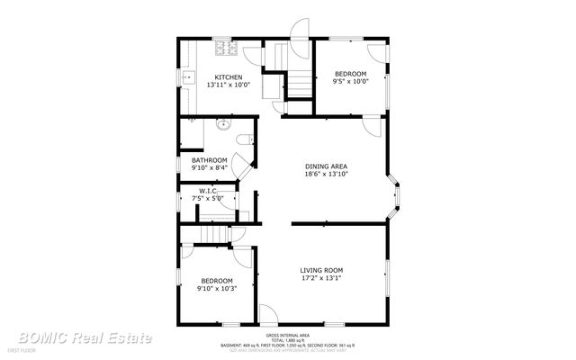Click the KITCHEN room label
click(228, 77)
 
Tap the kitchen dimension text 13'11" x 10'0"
click(228, 85)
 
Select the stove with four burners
click(221, 46)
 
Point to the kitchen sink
click(190, 79)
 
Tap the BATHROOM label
click(209, 160)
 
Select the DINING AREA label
click(326, 166)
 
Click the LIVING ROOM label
click(321, 270)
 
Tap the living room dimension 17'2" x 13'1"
click(321, 278)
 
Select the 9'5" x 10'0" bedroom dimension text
click(351, 81)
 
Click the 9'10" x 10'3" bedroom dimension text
click(217, 288)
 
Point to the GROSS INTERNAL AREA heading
click(287, 333)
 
